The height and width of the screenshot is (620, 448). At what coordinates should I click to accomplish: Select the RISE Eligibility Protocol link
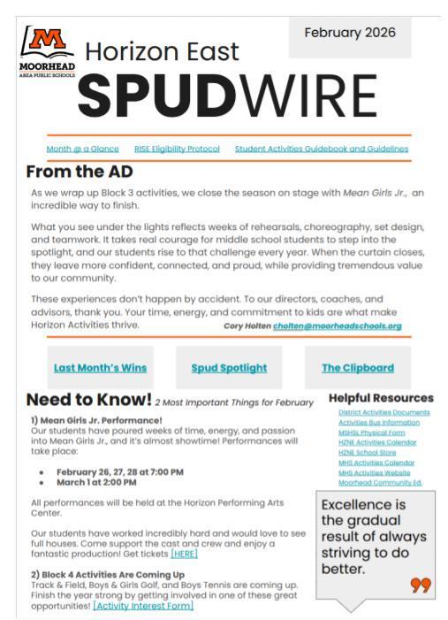[x=177, y=149]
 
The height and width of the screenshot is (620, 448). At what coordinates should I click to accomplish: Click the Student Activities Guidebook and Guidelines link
[x=322, y=149]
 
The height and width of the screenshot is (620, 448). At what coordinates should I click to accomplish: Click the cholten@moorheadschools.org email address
[x=324, y=325]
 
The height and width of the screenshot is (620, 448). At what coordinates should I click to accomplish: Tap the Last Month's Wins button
[x=100, y=368]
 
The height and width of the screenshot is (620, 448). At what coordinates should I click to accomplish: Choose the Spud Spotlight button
[x=229, y=368]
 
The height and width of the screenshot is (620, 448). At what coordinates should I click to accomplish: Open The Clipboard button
[x=357, y=368]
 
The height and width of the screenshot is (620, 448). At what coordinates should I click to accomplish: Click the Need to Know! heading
[x=88, y=400]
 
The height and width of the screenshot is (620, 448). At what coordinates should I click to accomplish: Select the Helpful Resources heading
[x=381, y=398]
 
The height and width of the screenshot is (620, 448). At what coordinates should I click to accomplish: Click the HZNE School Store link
[x=364, y=453]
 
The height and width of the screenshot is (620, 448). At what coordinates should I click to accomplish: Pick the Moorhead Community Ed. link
[x=380, y=483]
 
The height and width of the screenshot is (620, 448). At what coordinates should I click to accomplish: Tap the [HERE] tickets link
[x=184, y=555]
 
